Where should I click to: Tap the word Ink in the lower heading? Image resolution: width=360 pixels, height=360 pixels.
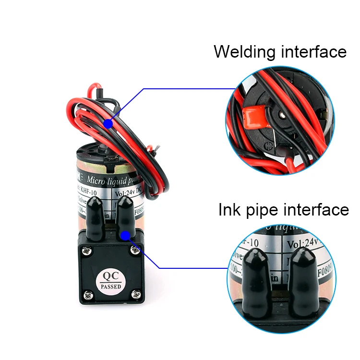pos(228,210)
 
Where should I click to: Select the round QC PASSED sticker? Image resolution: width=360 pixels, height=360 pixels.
pos(111,280)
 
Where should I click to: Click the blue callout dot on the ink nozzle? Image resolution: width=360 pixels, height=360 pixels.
pos(126,235)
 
